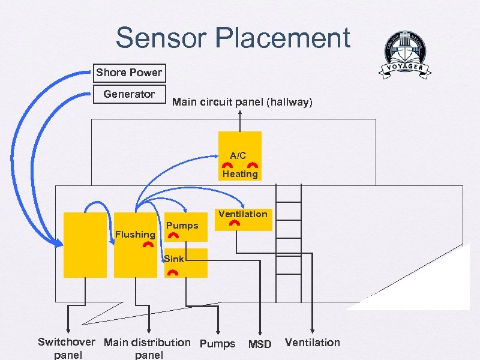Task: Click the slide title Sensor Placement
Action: [x=233, y=38]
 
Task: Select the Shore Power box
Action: [x=128, y=73]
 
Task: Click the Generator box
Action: [x=128, y=94]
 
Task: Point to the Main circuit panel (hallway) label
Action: [x=242, y=103]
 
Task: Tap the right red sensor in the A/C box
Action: [x=253, y=164]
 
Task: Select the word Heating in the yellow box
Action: [x=240, y=174]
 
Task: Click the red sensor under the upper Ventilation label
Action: [x=235, y=223]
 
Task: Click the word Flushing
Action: [x=135, y=234]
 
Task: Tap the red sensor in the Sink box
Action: [x=173, y=272]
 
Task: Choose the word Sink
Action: [x=174, y=259]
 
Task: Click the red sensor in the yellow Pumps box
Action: [x=173, y=236]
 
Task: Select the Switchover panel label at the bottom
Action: [x=66, y=349]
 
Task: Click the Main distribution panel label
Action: [x=147, y=349]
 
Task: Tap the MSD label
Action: [x=260, y=344]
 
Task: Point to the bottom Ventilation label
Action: [x=312, y=343]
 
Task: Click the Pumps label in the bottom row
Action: [x=217, y=344]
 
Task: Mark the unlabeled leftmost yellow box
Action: [x=86, y=245]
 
